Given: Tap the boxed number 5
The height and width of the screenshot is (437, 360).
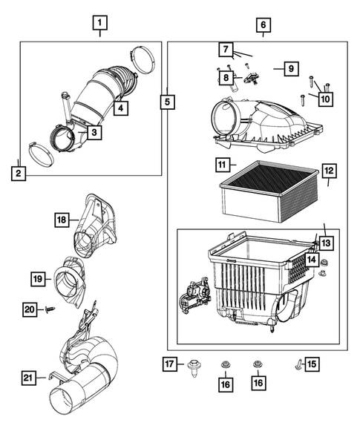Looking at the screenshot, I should pos(168,100).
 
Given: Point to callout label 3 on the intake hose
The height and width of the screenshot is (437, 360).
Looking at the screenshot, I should pos(94,133).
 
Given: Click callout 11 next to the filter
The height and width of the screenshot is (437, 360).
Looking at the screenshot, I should pos(222,164).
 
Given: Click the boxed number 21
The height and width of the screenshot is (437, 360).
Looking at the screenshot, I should pos(28,379).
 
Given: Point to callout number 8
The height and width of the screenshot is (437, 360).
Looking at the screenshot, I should pos(224,76).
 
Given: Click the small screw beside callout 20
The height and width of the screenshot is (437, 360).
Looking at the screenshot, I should pos(49,311).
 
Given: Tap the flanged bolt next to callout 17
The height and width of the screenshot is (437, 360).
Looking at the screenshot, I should pos(195,367).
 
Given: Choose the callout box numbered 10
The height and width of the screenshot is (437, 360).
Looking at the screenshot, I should pos(326,97).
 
